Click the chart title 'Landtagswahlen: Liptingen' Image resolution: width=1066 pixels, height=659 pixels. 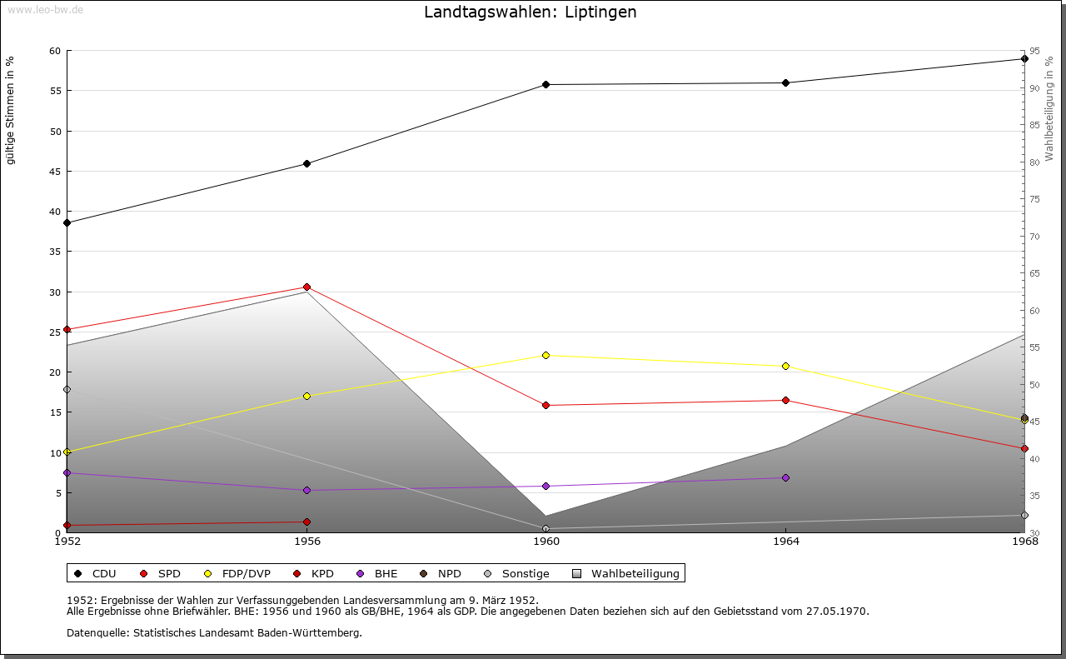[x=530, y=12]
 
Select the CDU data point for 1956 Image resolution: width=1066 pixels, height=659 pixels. [x=306, y=163]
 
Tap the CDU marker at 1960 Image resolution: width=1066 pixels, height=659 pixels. [x=545, y=84]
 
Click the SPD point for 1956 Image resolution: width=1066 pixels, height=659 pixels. [x=306, y=287]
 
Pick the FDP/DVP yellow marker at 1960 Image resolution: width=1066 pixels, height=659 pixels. [x=545, y=355]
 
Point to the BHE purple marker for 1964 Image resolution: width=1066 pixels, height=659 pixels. [x=785, y=477]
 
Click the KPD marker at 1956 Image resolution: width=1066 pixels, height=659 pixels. [x=306, y=522]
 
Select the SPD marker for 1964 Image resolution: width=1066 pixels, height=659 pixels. [x=785, y=400]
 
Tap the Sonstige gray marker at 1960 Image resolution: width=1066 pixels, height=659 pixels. [x=545, y=528]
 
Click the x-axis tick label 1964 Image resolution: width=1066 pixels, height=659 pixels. [x=785, y=542]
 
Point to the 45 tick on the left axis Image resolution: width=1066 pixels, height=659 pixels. [x=55, y=172]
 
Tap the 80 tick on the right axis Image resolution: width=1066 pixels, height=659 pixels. [x=1034, y=162]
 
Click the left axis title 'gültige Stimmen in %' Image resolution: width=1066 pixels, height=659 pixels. [x=11, y=110]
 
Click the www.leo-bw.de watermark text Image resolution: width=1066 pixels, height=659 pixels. [x=45, y=8]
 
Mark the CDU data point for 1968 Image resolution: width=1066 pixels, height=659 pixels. [x=1024, y=58]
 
